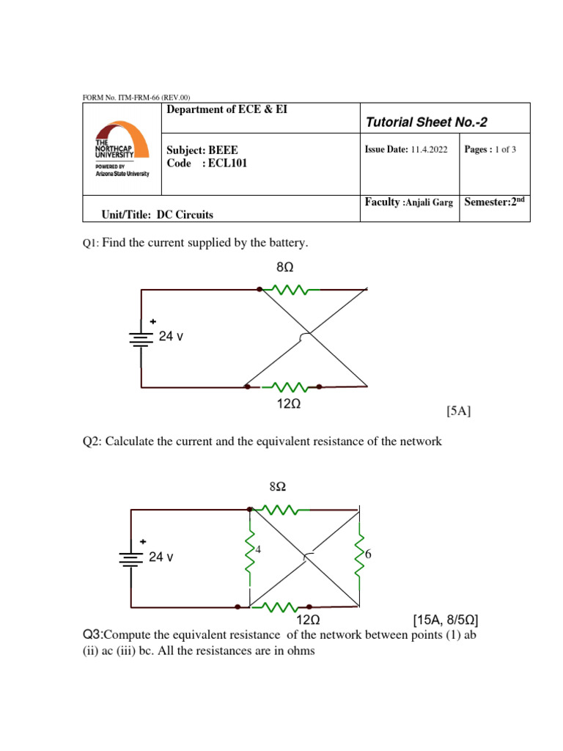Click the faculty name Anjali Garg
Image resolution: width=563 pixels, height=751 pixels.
428,202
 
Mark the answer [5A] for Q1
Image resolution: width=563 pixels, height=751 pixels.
458,412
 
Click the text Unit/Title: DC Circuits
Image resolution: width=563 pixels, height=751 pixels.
158,214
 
